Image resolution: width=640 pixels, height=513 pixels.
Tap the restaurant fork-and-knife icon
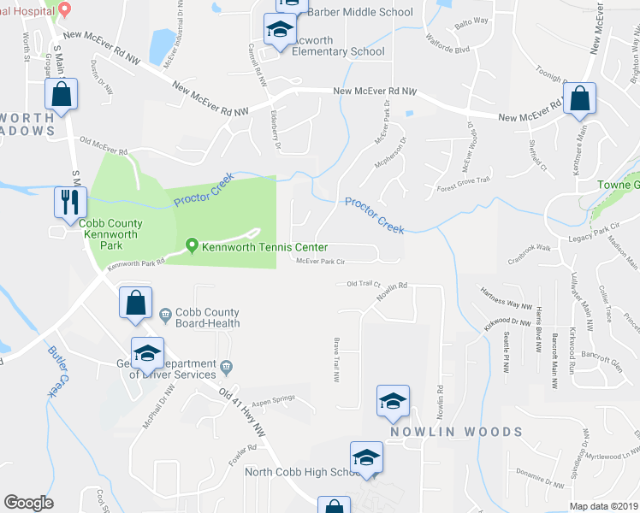pos(68,202)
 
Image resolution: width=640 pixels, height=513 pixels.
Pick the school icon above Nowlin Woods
pos(393,401)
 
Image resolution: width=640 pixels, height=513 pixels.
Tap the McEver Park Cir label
pos(320,262)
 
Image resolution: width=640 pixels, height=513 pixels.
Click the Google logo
pos(28,503)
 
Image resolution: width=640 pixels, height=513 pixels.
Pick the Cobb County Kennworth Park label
pos(111,230)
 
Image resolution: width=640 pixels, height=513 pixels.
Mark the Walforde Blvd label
pos(450,49)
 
